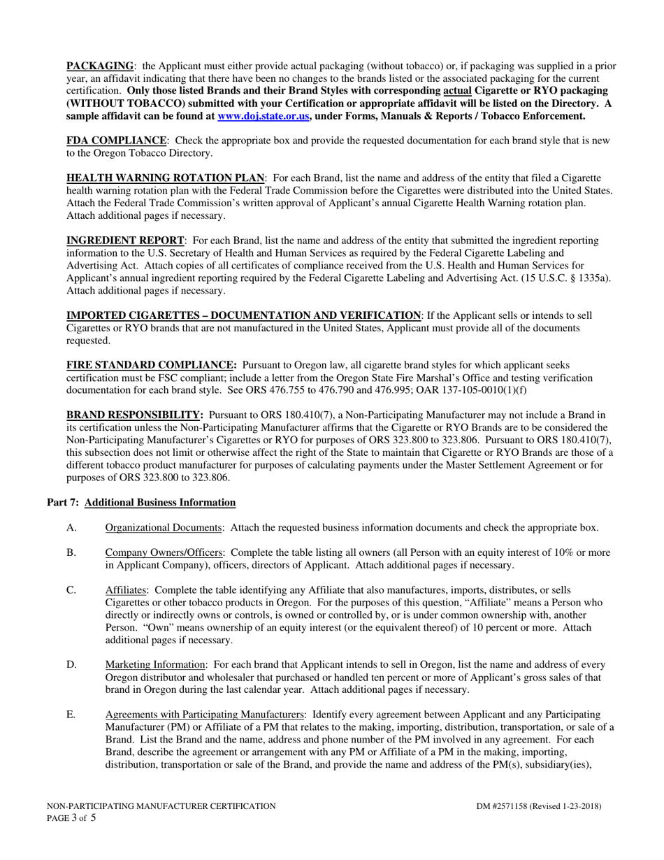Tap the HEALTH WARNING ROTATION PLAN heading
pos(165,178)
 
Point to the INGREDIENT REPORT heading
pos(125,241)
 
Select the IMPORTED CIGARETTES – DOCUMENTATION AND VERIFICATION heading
pos(243,315)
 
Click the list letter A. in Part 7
pos(71,528)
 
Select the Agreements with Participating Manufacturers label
pos(205,715)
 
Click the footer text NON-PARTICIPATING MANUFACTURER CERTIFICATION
pos(161,806)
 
